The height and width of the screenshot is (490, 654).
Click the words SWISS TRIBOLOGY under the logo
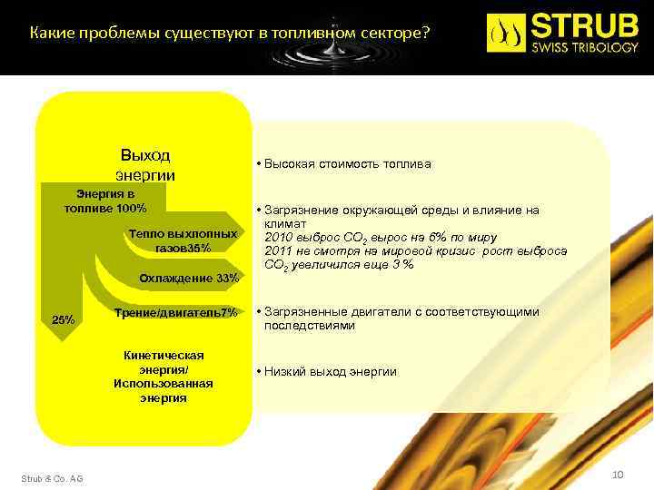pyautogui.click(x=586, y=48)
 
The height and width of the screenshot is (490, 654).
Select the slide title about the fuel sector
pyautogui.click(x=230, y=34)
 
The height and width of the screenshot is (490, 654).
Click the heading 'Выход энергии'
pyautogui.click(x=145, y=165)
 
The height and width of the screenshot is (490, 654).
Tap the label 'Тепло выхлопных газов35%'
pyautogui.click(x=183, y=240)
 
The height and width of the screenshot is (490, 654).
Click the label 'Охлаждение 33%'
pyautogui.click(x=189, y=278)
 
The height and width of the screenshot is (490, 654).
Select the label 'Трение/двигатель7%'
pyautogui.click(x=176, y=313)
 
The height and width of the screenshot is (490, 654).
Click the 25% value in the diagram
pyautogui.click(x=64, y=319)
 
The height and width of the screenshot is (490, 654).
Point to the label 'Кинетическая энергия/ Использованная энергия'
pyautogui.click(x=163, y=377)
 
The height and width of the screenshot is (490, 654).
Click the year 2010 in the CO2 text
pyautogui.click(x=278, y=238)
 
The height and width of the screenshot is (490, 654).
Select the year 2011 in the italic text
pyautogui.click(x=278, y=251)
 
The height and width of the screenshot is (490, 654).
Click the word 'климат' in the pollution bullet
pyautogui.click(x=285, y=223)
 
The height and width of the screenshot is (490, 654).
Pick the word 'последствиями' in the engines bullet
pyautogui.click(x=309, y=326)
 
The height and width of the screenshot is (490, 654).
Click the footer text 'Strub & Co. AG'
pyautogui.click(x=52, y=478)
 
